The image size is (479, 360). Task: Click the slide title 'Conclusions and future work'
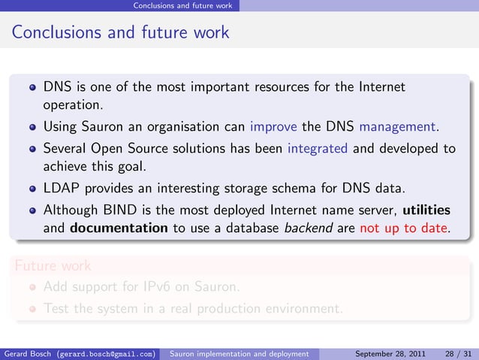pyautogui.click(x=120, y=33)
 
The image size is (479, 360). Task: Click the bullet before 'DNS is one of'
pyautogui.click(x=32, y=86)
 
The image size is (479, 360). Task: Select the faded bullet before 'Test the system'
pyautogui.click(x=32, y=308)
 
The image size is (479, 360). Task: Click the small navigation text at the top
pyautogui.click(x=182, y=5)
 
